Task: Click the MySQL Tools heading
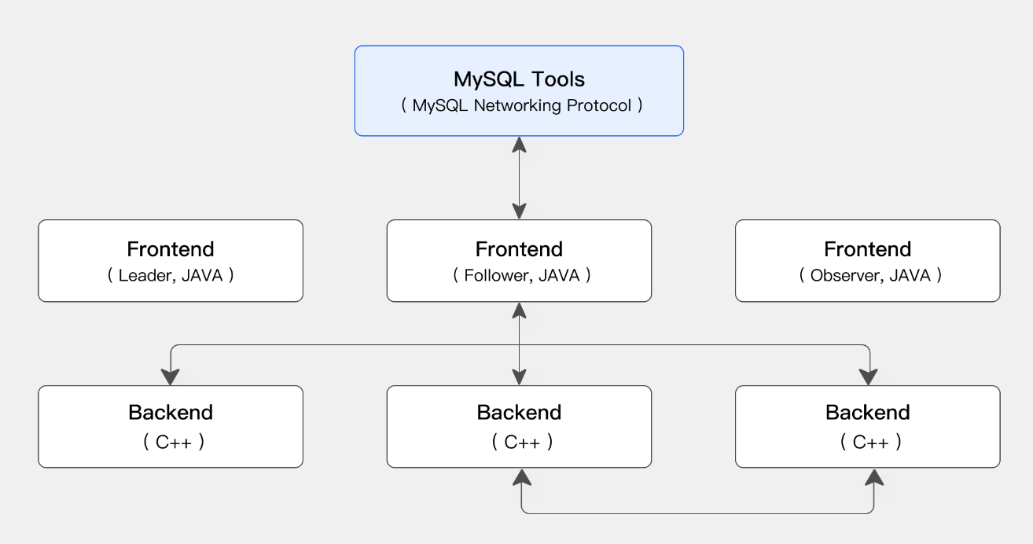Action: tap(520, 79)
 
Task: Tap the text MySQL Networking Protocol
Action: tap(521, 105)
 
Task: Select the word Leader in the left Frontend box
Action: tap(145, 276)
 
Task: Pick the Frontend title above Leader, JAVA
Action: tap(171, 249)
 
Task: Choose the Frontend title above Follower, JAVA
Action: tap(520, 249)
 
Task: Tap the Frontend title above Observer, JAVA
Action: tap(868, 249)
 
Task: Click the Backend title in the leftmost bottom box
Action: tap(171, 413)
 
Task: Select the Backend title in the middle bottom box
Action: tap(520, 413)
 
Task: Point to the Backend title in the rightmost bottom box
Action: tap(868, 413)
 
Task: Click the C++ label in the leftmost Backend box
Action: tap(174, 443)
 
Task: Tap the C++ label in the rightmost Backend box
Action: tap(871, 443)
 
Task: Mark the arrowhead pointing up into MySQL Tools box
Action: tap(520, 145)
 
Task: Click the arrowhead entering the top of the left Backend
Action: tap(170, 377)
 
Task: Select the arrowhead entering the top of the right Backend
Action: tap(869, 377)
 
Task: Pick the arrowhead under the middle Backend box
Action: tap(521, 477)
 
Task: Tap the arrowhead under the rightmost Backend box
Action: tap(874, 477)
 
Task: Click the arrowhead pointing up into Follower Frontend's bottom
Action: tap(520, 311)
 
